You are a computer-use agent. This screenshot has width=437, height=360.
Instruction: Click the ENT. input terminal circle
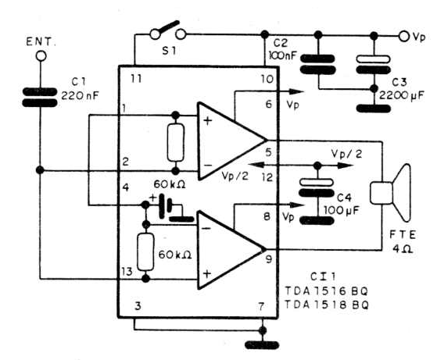point(41,56)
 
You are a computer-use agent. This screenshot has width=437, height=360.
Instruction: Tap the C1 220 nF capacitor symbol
point(40,97)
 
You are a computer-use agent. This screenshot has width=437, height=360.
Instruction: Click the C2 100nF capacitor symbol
point(317,64)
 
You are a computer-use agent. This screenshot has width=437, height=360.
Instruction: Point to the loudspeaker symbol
point(390,193)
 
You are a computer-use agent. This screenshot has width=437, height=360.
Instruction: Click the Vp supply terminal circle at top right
point(404,36)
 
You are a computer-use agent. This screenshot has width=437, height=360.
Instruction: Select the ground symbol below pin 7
point(262,345)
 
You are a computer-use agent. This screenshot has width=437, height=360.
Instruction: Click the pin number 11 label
point(136,79)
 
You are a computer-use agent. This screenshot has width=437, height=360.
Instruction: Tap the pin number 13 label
point(127,272)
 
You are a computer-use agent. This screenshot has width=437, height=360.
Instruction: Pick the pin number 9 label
point(269,259)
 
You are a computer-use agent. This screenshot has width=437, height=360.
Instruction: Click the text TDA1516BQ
point(326,291)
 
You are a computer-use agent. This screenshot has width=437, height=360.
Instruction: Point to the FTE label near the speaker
point(403,235)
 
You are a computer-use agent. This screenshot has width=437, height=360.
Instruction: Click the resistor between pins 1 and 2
point(176,143)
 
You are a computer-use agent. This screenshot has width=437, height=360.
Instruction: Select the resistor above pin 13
point(145,252)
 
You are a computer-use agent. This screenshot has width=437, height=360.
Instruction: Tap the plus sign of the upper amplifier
point(208,121)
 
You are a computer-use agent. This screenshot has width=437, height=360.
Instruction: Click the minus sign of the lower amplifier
point(206,229)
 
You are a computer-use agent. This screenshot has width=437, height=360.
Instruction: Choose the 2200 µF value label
point(401,95)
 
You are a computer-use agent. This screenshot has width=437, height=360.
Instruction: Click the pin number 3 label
point(138,306)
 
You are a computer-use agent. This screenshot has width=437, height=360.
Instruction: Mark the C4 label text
point(344,198)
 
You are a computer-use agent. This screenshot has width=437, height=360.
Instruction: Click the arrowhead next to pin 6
point(296,91)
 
